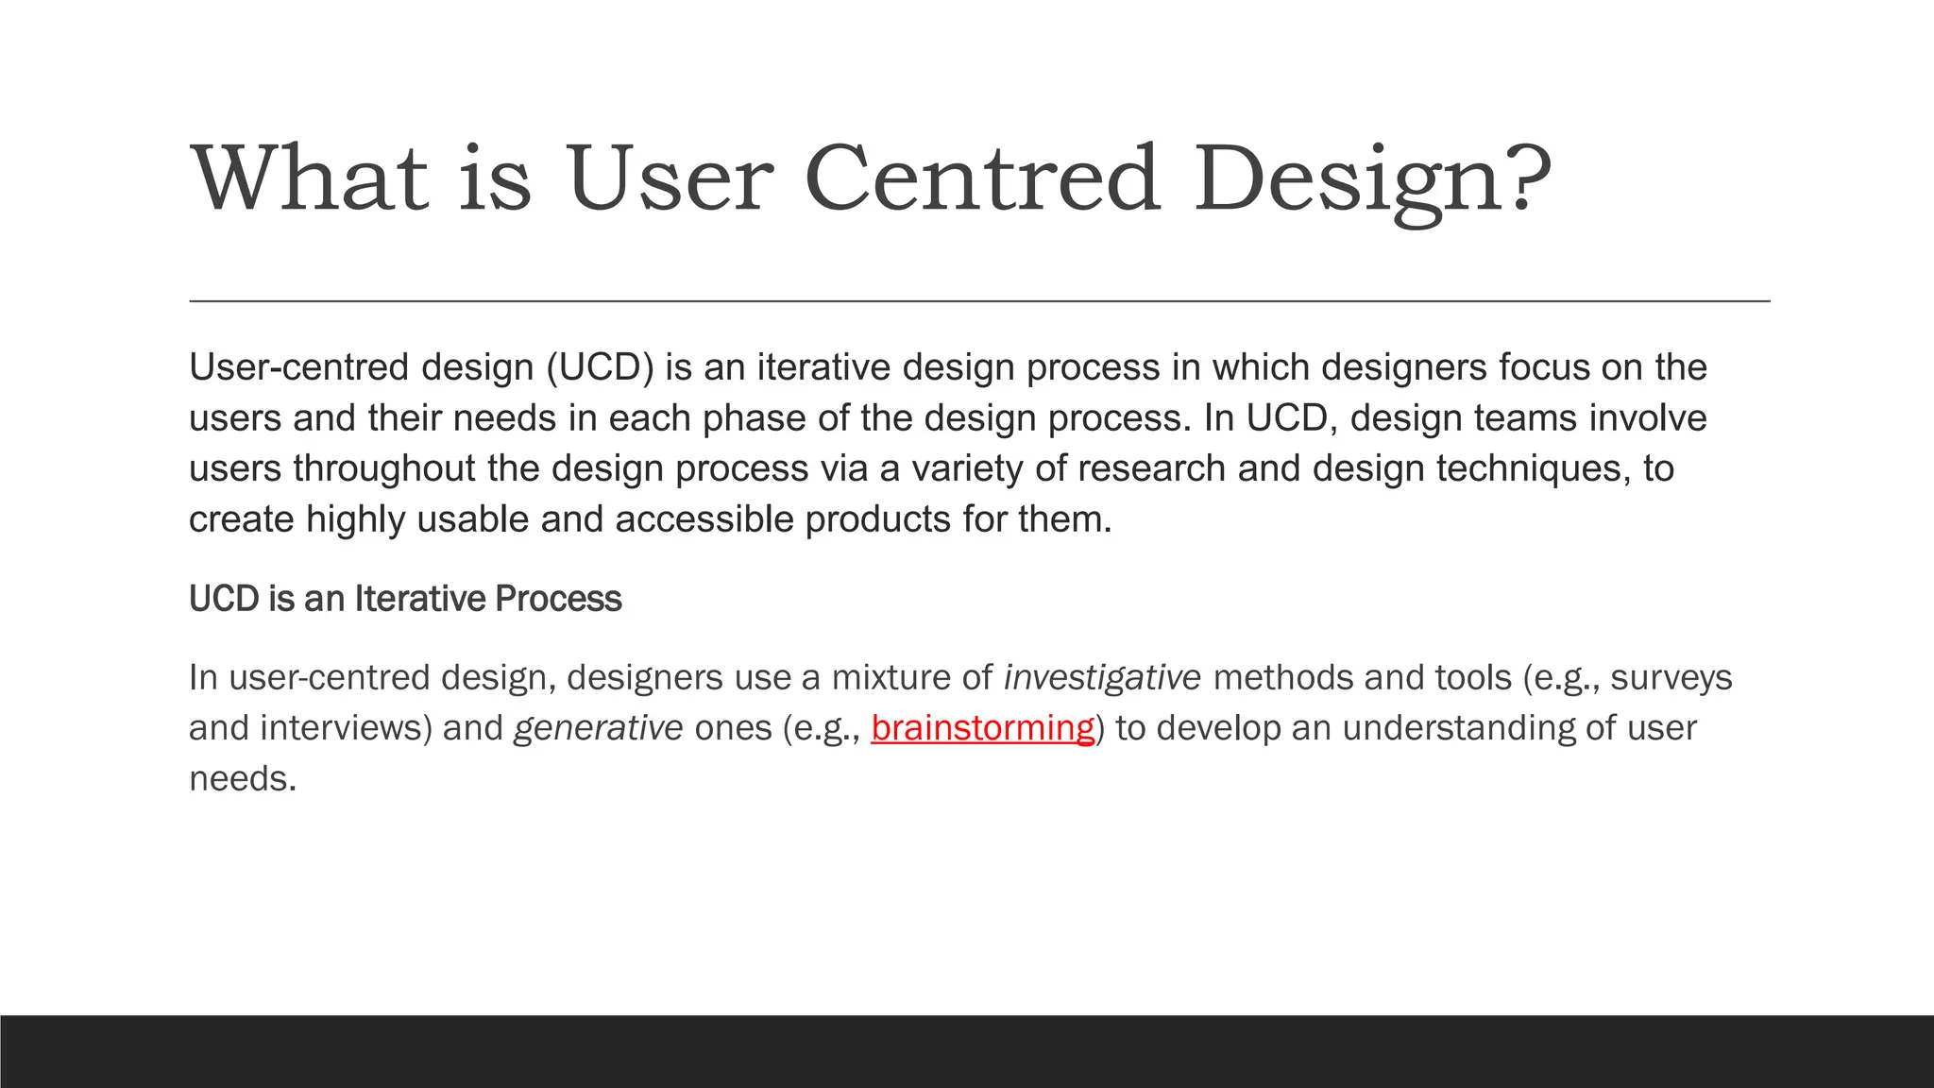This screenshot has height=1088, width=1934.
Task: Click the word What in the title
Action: pyautogui.click(x=311, y=178)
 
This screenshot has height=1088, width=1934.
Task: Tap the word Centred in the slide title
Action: pyautogui.click(x=981, y=178)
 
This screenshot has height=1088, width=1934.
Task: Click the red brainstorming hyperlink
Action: pyautogui.click(x=982, y=728)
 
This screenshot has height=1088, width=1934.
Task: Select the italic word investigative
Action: pyautogui.click(x=1102, y=678)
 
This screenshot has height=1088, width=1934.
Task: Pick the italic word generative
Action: pyautogui.click(x=598, y=728)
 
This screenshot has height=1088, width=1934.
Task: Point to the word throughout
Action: pyautogui.click(x=384, y=468)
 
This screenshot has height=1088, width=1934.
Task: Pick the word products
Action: pyautogui.click(x=877, y=519)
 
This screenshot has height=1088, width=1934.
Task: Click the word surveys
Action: pyautogui.click(x=1671, y=678)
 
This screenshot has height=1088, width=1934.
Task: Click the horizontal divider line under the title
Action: pyautogui.click(x=979, y=301)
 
